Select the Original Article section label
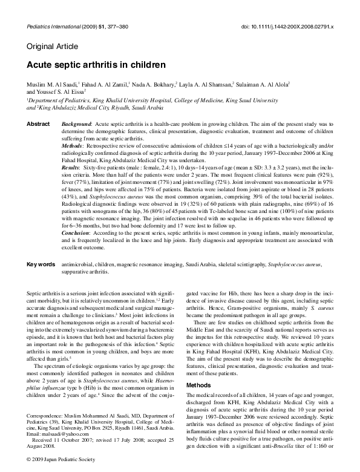tap(52, 47)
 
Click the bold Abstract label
tap(38, 123)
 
